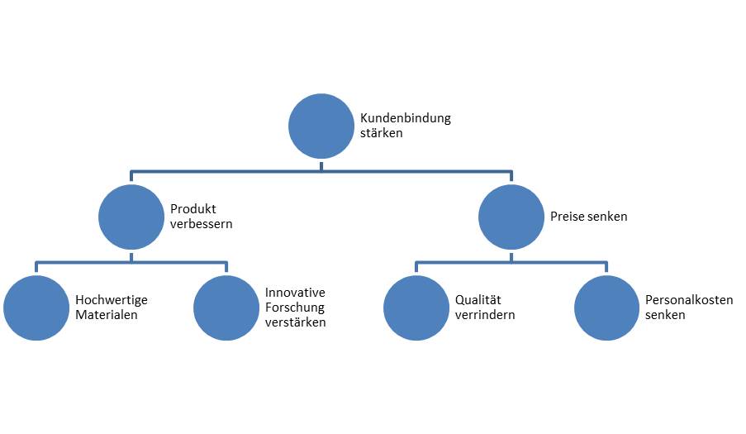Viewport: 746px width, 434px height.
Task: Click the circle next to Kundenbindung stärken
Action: (321, 126)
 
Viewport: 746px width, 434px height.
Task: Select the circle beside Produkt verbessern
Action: (131, 217)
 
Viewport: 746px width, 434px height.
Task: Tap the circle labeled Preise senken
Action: (512, 217)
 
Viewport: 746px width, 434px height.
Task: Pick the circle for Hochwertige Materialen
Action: (36, 308)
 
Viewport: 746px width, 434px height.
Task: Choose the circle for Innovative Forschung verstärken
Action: (226, 308)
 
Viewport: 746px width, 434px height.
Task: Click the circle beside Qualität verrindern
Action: (416, 308)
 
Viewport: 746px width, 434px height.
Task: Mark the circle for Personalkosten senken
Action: (607, 308)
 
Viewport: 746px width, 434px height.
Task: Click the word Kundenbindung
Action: (406, 118)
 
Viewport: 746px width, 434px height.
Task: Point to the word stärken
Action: (382, 133)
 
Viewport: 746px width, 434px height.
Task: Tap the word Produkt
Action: (192, 209)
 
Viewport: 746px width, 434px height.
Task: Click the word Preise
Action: (568, 217)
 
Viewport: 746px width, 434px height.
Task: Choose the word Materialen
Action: (106, 315)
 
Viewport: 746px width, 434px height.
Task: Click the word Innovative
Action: (295, 293)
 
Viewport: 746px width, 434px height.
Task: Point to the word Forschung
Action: (294, 308)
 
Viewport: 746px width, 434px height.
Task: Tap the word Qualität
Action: (478, 300)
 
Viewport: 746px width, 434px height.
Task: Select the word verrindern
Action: (485, 315)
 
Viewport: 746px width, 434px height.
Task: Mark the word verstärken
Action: (295, 322)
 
